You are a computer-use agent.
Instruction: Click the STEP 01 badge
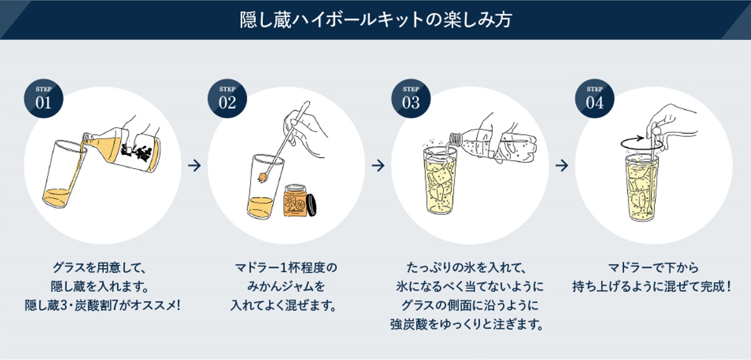click(43, 99)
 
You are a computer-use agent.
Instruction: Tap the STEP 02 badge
click(227, 99)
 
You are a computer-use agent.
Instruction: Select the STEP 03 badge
click(411, 99)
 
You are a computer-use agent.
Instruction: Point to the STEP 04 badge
click(594, 99)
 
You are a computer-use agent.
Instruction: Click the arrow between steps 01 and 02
click(194, 165)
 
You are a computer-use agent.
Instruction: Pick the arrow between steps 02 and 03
click(378, 165)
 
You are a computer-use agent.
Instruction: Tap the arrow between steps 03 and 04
click(562, 165)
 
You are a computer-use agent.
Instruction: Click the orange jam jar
click(295, 201)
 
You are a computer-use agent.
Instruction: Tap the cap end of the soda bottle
click(455, 139)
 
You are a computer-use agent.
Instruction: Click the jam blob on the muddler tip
click(263, 177)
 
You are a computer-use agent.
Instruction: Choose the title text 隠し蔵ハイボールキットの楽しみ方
click(376, 19)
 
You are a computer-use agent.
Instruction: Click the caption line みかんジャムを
click(286, 286)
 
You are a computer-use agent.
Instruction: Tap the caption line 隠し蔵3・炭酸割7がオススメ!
click(102, 305)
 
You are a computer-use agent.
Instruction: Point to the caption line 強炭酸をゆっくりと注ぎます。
click(467, 324)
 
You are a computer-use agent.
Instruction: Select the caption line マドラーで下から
click(653, 267)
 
